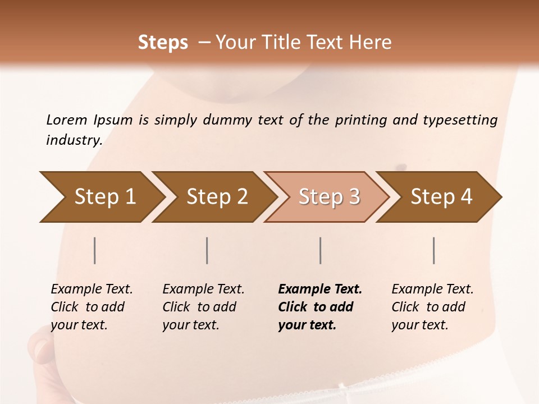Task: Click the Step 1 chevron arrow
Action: click(x=104, y=197)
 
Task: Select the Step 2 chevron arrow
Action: click(x=216, y=197)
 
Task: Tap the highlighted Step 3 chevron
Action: click(x=328, y=197)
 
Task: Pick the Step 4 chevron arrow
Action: click(x=441, y=197)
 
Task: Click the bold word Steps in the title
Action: click(x=163, y=43)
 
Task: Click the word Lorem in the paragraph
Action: click(x=67, y=120)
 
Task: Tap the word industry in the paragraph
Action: click(x=74, y=140)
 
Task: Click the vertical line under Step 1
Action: click(x=95, y=250)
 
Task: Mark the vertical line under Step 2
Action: click(x=207, y=250)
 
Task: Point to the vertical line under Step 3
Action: click(x=321, y=250)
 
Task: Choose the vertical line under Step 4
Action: click(x=434, y=250)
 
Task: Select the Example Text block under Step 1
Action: click(x=92, y=307)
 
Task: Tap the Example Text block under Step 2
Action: click(x=203, y=307)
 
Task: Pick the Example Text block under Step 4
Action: click(x=432, y=307)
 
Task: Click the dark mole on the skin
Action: click(x=401, y=167)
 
